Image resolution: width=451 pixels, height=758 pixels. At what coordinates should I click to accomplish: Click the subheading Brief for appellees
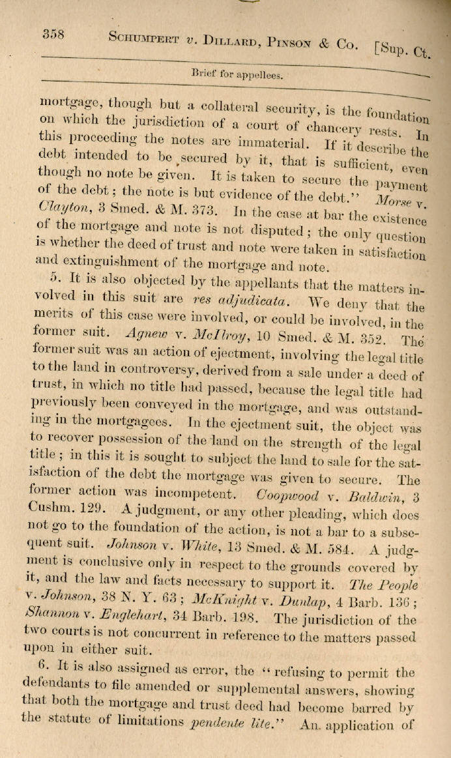point(237,74)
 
